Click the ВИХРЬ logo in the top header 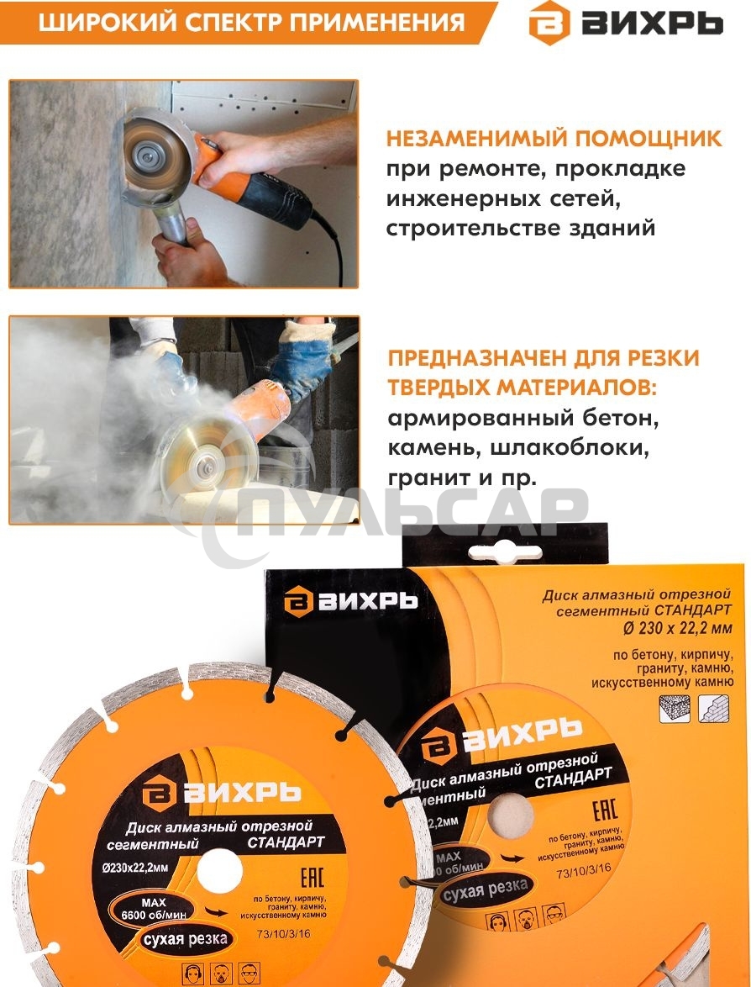point(625,23)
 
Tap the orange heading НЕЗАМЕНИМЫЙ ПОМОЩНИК point(554,139)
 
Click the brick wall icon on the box point(709,708)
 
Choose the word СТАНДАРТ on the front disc point(280,842)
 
